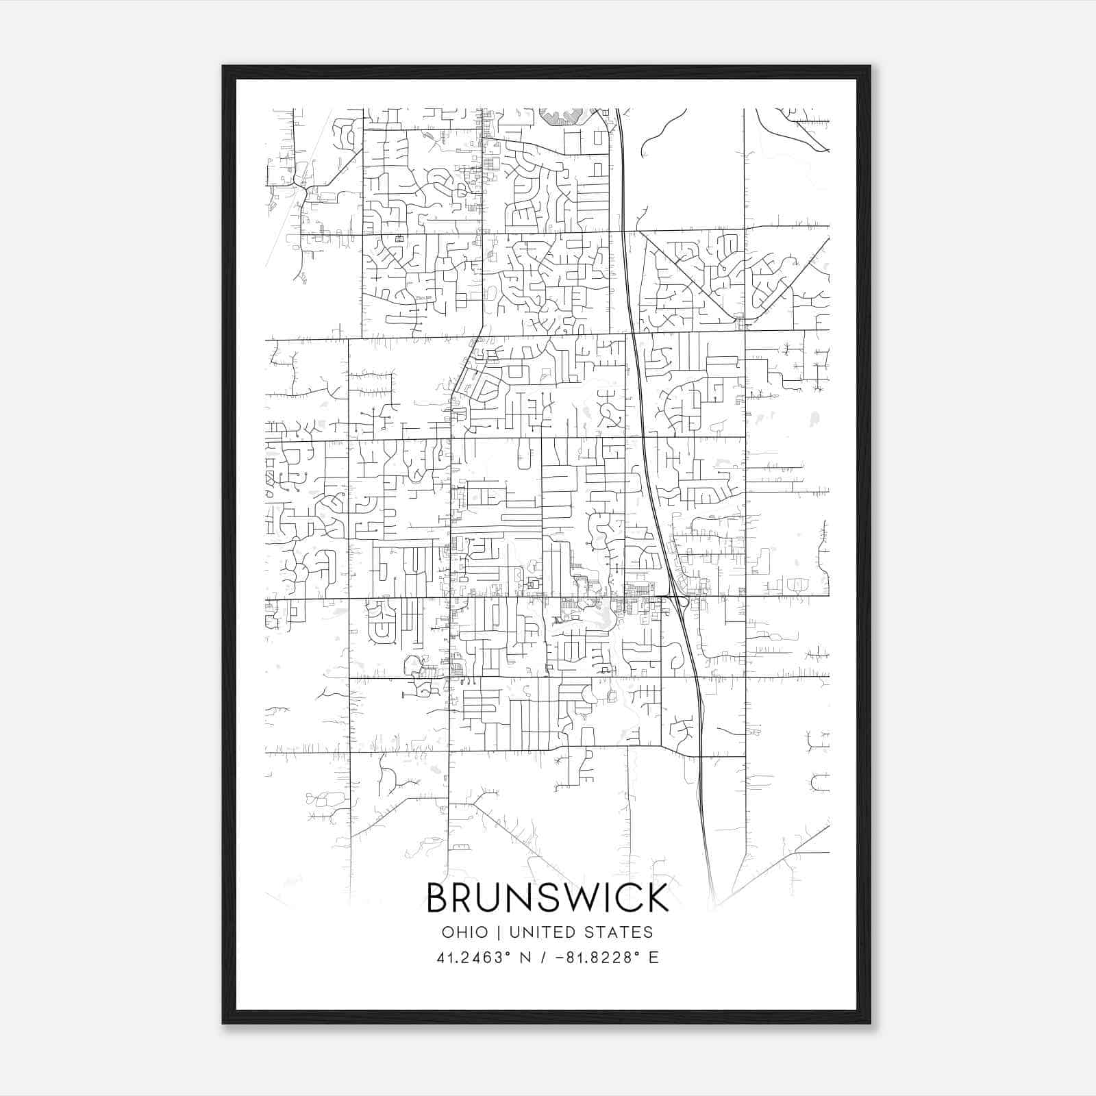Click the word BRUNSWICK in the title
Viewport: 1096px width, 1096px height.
coord(547,898)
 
